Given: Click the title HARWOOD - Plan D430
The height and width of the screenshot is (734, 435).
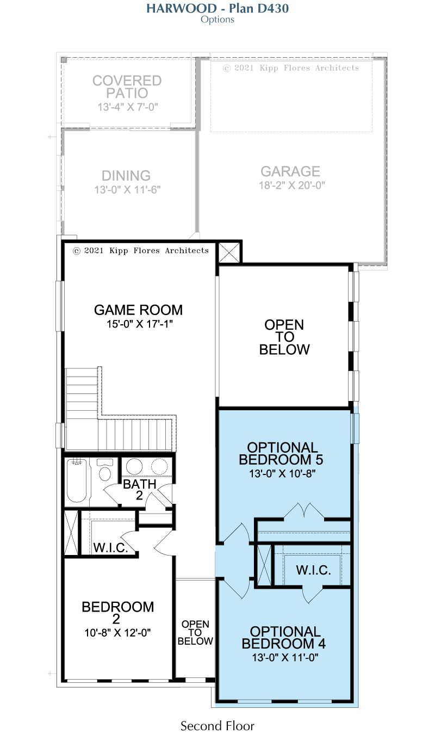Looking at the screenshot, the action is tap(217, 8).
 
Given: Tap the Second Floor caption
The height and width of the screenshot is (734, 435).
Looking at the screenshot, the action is tap(217, 725).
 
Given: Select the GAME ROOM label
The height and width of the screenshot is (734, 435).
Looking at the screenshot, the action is tap(138, 310).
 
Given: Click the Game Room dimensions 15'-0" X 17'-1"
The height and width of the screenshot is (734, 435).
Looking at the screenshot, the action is tap(140, 324).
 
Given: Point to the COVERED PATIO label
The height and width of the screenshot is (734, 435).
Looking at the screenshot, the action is tap(127, 87).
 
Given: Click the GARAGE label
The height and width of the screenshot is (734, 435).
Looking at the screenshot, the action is tap(290, 171).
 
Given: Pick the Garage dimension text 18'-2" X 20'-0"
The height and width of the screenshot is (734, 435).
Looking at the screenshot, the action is tap(292, 186).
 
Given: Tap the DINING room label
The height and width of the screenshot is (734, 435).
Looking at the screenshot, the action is tap(126, 176).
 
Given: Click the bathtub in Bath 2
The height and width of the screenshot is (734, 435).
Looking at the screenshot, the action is tap(77, 480).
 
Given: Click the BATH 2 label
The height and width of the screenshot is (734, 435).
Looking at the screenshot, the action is tap(140, 490).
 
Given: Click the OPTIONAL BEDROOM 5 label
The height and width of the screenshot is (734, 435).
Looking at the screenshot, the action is tap(281, 453).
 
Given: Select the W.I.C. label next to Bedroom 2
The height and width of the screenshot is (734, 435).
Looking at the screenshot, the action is tap(110, 547).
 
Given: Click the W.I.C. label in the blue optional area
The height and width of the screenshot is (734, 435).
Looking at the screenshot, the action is tap(314, 570).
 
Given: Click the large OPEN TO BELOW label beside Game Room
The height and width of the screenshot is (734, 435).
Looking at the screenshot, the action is tap(284, 337).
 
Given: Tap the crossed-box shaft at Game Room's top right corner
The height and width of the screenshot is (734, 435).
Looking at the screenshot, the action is tap(229, 252).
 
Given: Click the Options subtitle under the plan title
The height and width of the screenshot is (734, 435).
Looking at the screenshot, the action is tap(217, 20).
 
